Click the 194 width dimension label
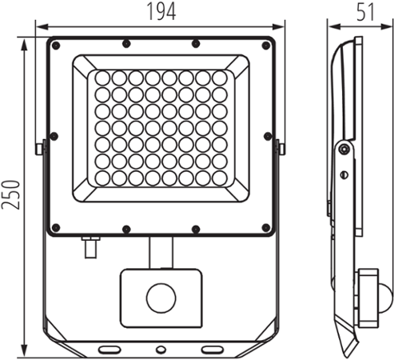point(161,11)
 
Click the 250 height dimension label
point(10,195)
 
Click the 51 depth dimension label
point(365,11)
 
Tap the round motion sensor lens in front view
point(161,298)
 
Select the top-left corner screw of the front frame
point(56,46)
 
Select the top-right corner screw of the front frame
point(265,46)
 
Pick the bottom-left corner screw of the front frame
point(56,228)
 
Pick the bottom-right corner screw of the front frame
point(265,228)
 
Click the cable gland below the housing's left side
point(90,247)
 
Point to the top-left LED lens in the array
point(102,78)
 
